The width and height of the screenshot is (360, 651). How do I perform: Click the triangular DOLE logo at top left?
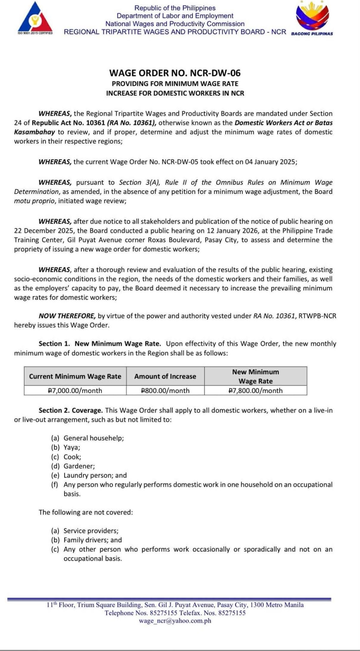tap(35, 18)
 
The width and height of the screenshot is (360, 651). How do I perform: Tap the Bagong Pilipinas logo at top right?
tap(312, 17)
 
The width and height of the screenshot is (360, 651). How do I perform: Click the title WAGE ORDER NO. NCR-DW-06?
tap(175, 73)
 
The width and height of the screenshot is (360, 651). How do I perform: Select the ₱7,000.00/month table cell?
tap(75, 390)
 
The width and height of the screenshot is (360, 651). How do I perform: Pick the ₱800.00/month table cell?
tap(165, 390)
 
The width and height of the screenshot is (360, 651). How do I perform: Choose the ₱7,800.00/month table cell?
tap(256, 390)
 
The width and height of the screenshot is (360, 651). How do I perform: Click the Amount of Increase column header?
tap(165, 376)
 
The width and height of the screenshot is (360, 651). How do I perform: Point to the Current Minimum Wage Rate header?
tap(75, 376)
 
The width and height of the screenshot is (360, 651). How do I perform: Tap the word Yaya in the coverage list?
tap(71, 448)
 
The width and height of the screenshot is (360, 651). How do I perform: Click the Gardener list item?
tap(79, 466)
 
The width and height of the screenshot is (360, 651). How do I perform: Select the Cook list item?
tap(72, 457)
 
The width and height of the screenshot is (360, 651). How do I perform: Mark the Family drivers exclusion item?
tap(92, 540)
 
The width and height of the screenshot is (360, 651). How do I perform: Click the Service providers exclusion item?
tap(91, 531)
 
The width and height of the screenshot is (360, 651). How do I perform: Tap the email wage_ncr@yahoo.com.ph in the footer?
tap(175, 621)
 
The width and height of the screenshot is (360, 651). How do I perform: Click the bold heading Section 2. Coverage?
tap(71, 410)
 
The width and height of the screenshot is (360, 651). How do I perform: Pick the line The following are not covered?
tap(85, 512)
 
